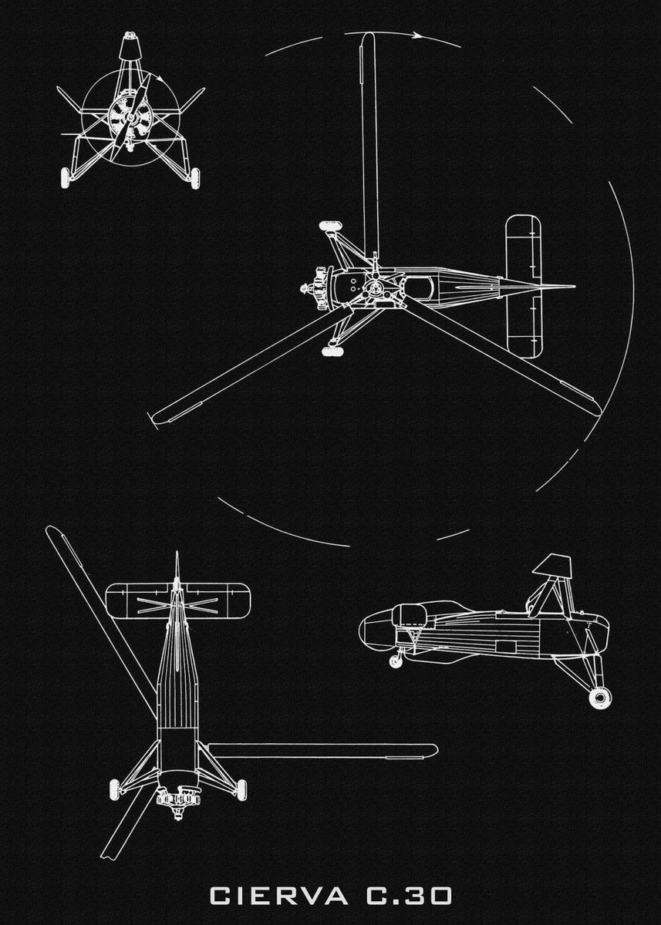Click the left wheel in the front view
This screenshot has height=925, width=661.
click(x=67, y=178)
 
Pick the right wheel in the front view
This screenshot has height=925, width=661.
click(x=194, y=178)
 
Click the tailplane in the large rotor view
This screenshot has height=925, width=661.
click(x=522, y=287)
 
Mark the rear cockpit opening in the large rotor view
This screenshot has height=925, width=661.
click(x=416, y=288)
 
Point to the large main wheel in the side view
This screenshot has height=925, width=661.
click(x=599, y=697)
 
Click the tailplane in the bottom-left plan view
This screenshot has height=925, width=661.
click(x=177, y=600)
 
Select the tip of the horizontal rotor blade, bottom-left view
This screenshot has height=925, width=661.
click(x=432, y=749)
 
